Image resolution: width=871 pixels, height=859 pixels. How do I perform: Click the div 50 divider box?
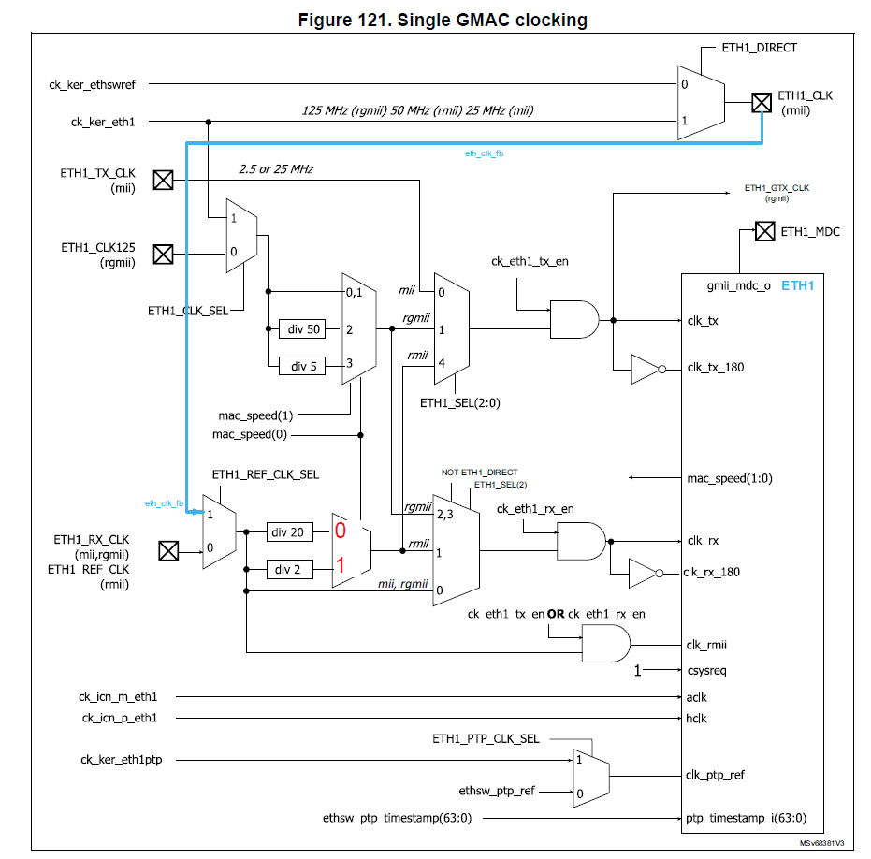click(x=302, y=329)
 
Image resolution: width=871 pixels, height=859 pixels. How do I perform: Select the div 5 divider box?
click(x=302, y=366)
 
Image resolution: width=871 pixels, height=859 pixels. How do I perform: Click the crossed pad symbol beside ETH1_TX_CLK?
click(x=164, y=180)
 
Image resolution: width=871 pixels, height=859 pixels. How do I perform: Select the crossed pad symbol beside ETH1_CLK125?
click(x=164, y=254)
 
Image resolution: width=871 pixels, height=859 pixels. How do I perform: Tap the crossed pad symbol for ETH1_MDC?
click(x=764, y=231)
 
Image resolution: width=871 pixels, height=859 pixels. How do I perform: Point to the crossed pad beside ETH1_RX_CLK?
click(x=168, y=550)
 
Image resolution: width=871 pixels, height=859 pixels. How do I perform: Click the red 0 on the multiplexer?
click(x=341, y=531)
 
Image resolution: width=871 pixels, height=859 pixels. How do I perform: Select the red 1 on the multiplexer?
click(x=341, y=565)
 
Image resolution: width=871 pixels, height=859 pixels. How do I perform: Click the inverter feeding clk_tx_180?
click(x=646, y=369)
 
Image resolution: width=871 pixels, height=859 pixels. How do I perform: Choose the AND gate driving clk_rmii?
click(x=605, y=644)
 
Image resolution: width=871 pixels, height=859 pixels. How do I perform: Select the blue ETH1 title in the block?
click(x=797, y=284)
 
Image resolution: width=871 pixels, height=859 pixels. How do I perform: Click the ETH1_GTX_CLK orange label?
click(x=777, y=188)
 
